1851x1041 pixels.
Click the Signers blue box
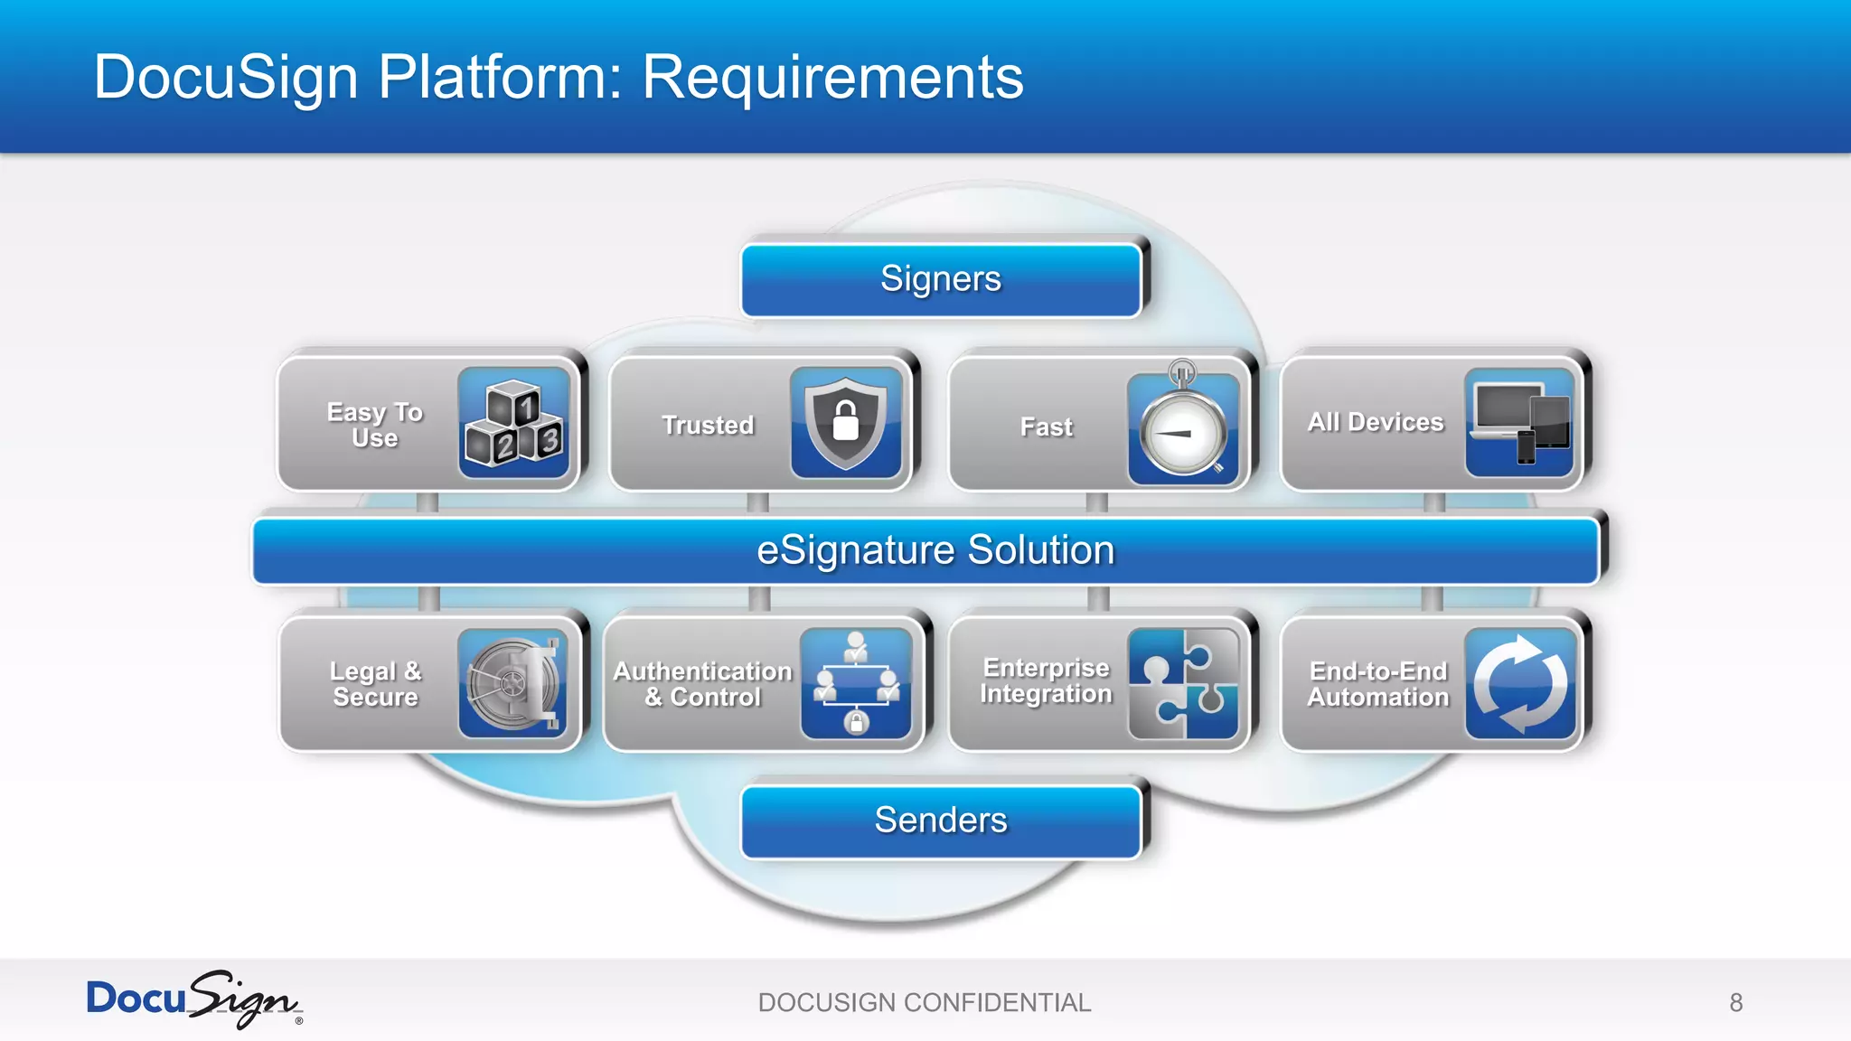click(941, 279)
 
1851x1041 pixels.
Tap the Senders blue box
click(941, 821)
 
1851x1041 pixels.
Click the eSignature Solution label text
click(935, 550)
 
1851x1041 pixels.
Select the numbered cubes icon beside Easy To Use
click(513, 423)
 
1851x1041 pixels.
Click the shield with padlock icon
click(846, 423)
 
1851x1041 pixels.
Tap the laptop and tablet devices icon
click(1520, 422)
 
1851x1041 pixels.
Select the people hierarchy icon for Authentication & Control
click(856, 684)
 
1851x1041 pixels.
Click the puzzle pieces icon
click(1183, 684)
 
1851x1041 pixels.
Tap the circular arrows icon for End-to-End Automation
click(1520, 684)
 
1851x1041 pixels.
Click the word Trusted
click(708, 426)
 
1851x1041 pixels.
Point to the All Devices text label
click(1376, 422)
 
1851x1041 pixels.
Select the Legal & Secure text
click(375, 684)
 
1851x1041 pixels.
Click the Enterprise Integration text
click(1046, 680)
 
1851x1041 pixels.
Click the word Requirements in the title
click(832, 77)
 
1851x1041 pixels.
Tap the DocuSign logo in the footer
click(193, 999)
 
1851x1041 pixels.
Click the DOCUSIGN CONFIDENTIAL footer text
click(925, 1003)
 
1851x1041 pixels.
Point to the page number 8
click(1735, 1003)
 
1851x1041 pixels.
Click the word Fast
click(1046, 427)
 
